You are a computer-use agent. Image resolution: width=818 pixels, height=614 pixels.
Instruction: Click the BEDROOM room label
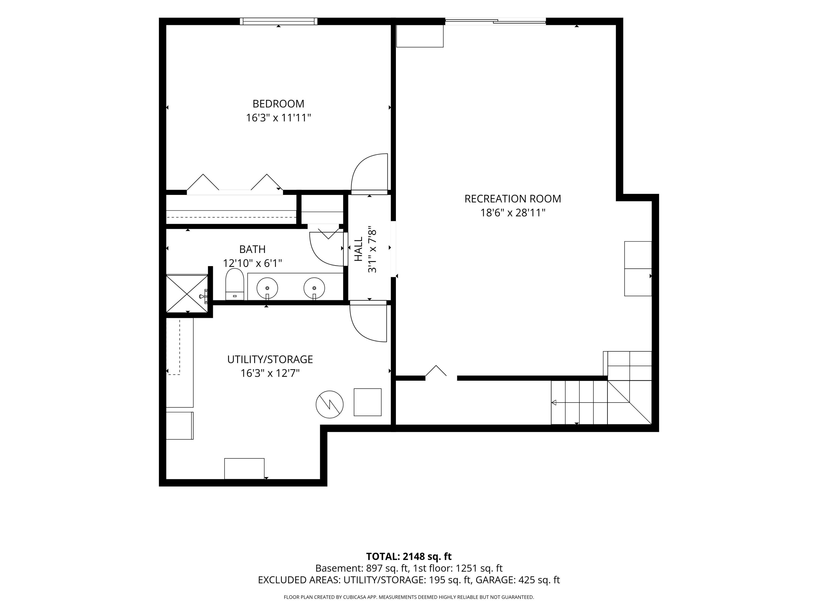point(278,104)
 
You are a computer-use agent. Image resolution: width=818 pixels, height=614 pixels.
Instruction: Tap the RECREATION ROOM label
point(513,199)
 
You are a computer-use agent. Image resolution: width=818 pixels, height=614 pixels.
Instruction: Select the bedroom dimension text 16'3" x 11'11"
point(278,118)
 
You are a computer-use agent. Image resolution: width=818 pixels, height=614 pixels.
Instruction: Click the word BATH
point(252,249)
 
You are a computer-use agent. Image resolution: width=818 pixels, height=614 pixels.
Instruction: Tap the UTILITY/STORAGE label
point(270,359)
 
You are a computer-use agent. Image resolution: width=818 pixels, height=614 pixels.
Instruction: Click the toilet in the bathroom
point(234,284)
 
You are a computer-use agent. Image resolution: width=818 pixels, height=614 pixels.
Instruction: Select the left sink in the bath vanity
point(267,288)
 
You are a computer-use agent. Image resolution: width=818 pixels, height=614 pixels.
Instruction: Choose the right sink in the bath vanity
point(314,288)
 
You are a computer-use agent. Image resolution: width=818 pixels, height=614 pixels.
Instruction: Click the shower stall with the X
point(187,293)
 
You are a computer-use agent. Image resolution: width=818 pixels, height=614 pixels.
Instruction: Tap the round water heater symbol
point(329,404)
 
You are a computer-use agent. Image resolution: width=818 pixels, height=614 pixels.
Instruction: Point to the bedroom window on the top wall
point(278,21)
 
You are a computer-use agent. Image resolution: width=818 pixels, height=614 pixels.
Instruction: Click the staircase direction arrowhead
point(554,402)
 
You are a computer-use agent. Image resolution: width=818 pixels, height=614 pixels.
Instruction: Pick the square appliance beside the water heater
point(368,402)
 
